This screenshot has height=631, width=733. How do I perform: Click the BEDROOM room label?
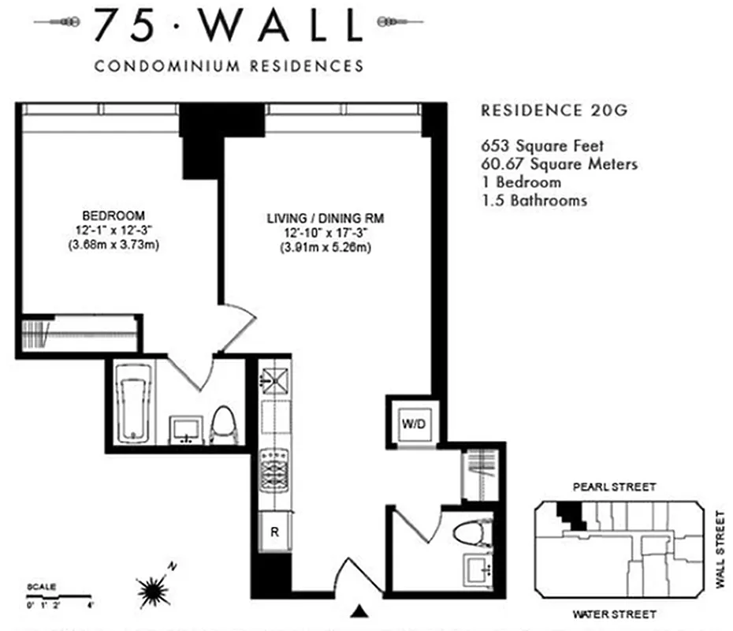coord(113,215)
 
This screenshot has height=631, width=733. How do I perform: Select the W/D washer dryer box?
coord(414,424)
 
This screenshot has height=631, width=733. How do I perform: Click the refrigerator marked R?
coord(274,531)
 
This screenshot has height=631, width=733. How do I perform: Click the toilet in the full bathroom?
coord(225,424)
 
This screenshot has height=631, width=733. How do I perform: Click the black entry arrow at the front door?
coord(360,610)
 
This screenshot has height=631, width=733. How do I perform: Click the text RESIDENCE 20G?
coord(554,111)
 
